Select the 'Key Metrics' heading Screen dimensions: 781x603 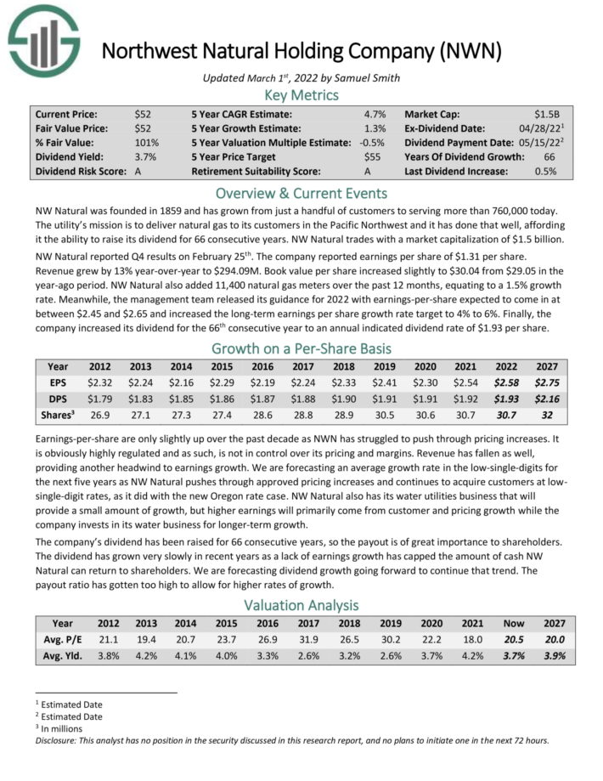301,94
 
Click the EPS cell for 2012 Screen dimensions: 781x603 100,383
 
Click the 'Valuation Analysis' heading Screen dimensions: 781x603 301,605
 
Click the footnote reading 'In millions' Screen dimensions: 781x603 65,727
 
